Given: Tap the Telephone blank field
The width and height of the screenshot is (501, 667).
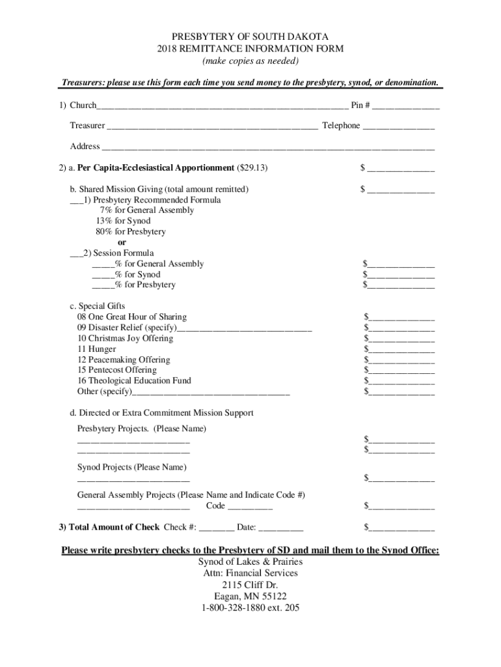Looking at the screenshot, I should click(398, 126).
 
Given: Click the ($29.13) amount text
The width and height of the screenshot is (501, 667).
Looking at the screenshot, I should click(252, 168).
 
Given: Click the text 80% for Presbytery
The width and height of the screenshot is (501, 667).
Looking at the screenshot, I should click(130, 232).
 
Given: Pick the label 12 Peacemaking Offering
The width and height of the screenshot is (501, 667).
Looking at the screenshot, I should click(124, 360).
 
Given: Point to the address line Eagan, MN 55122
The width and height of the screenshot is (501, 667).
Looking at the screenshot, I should click(251, 597).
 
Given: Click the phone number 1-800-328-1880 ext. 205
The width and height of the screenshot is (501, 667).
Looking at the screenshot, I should click(251, 609).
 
